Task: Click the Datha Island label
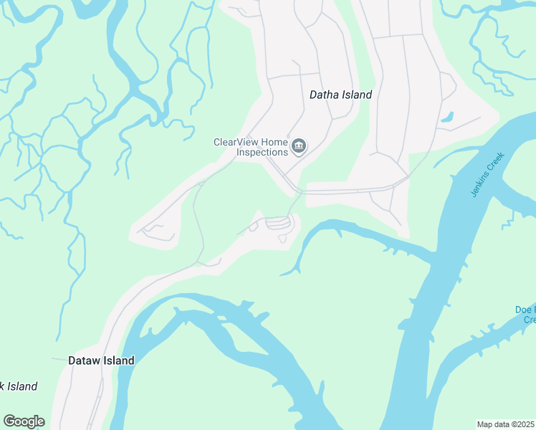(340, 95)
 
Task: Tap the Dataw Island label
(101, 360)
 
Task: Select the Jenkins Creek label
(488, 175)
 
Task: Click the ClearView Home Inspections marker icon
(299, 148)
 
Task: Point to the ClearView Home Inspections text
(251, 147)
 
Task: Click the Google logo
(24, 421)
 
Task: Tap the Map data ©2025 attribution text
(506, 424)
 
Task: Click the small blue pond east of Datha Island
(447, 117)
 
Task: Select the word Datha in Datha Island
(323, 95)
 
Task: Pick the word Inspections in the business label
(263, 152)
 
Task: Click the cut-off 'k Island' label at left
(19, 387)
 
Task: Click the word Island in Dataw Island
(118, 360)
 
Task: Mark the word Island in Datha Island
(357, 95)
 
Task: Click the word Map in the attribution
(486, 424)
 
